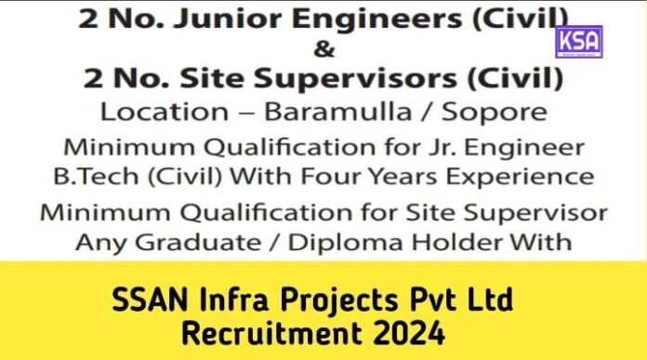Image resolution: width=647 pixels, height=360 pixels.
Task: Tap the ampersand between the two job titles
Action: point(323,47)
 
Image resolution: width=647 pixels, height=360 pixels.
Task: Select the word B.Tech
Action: point(112,176)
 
